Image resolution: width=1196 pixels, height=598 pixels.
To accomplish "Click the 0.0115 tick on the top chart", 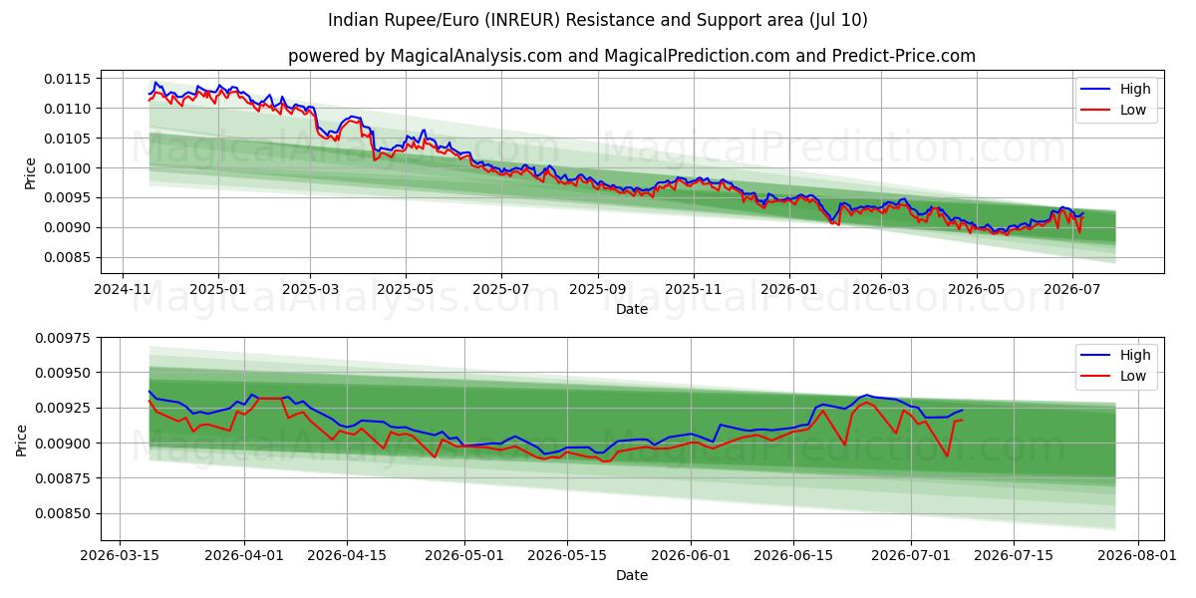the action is point(68,79).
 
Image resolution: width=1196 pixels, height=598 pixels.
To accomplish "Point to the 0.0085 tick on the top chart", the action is point(68,257).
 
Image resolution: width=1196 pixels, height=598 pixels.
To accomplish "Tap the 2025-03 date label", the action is point(310,289).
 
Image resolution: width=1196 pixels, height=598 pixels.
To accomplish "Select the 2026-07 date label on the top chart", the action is point(1072,289).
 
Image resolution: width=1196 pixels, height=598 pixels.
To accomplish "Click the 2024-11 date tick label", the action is point(123,289).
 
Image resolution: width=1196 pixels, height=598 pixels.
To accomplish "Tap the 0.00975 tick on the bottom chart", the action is point(64,338).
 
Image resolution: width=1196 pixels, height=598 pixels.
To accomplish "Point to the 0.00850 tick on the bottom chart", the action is point(64,513).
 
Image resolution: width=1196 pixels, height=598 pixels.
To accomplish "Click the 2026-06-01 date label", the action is point(691,556).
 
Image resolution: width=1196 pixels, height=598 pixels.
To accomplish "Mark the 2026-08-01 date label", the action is point(1137,556).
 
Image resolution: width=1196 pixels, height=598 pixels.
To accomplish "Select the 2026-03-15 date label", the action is point(120,556).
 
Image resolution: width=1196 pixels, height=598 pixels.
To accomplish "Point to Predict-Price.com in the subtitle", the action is point(903,56).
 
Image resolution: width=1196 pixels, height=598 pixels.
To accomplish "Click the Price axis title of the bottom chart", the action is point(21,441).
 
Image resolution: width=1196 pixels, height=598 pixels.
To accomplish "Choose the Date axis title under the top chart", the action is point(632,309).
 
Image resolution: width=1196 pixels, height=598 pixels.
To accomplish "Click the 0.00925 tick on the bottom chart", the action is point(64,408).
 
